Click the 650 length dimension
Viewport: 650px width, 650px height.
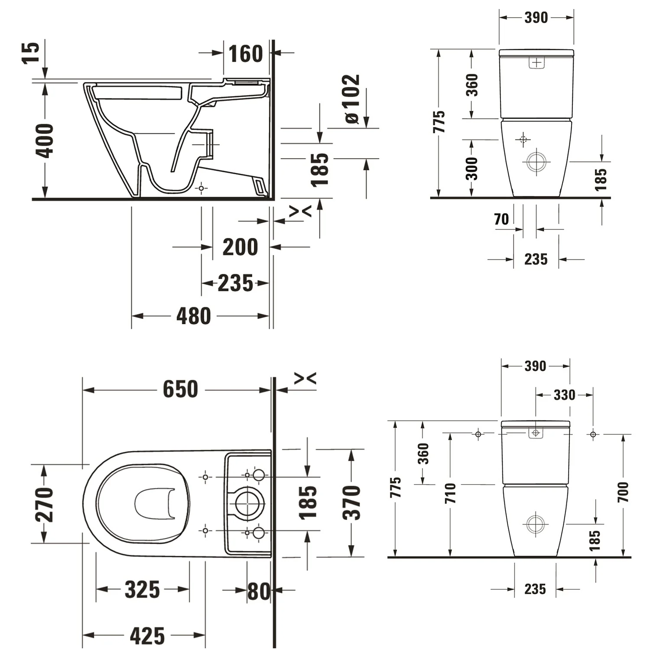tap(180, 389)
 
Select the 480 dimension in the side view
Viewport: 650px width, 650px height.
tap(193, 316)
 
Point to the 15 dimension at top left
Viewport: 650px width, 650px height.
tap(31, 53)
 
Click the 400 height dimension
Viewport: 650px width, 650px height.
tap(45, 140)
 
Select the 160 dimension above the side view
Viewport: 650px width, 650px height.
tap(245, 54)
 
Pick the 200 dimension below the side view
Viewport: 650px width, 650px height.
tap(240, 247)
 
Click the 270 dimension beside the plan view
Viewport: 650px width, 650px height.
tap(45, 504)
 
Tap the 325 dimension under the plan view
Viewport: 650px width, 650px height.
tap(142, 589)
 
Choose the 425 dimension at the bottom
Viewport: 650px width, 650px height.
tap(147, 636)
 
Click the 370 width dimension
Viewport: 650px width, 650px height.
tap(351, 503)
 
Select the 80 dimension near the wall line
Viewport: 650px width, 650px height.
tap(258, 591)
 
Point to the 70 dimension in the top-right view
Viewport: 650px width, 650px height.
tap(501, 219)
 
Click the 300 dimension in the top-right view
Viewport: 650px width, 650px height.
tap(471, 168)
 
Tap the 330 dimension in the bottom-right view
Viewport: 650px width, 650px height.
tap(564, 395)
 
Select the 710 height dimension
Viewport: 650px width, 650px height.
tap(451, 493)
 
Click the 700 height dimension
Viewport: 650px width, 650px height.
tap(623, 492)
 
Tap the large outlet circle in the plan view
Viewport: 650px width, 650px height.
tap(250, 503)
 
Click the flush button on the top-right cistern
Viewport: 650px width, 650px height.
tap(536, 63)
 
